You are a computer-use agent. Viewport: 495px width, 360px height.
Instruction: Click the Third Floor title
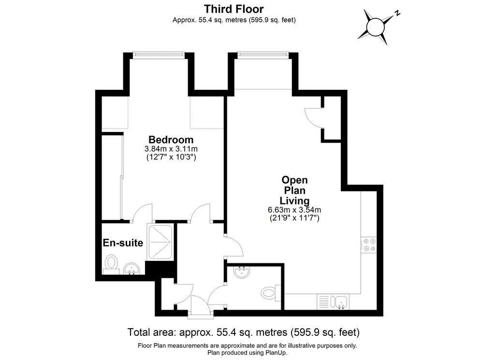(x=233, y=9)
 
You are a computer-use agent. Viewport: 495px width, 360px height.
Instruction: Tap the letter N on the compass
(x=397, y=13)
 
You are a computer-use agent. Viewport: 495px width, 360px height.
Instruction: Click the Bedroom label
(x=171, y=140)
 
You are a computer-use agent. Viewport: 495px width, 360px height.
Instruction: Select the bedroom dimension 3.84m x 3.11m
(x=171, y=149)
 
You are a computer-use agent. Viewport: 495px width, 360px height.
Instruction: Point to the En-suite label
(x=123, y=243)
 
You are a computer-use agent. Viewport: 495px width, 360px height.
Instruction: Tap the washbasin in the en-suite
(x=131, y=269)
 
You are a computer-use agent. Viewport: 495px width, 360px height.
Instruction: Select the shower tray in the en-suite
(x=160, y=242)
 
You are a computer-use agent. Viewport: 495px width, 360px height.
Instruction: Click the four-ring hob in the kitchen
(x=369, y=245)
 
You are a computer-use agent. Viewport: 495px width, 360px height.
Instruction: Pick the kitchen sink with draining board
(x=333, y=302)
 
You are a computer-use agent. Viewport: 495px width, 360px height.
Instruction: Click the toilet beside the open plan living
(x=271, y=292)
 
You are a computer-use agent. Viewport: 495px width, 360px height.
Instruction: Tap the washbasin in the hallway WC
(x=242, y=272)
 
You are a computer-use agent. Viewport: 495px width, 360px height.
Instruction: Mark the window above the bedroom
(x=158, y=55)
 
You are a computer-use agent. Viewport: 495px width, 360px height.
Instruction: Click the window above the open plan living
(x=262, y=55)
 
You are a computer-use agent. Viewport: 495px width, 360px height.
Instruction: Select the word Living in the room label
(x=294, y=201)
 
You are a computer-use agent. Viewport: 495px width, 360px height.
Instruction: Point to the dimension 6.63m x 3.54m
(x=294, y=210)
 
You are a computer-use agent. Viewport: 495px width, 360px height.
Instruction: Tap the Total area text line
(x=244, y=332)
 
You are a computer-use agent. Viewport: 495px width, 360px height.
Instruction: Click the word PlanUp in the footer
(x=275, y=353)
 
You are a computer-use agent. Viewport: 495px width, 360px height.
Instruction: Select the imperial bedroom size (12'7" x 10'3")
(x=171, y=157)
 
